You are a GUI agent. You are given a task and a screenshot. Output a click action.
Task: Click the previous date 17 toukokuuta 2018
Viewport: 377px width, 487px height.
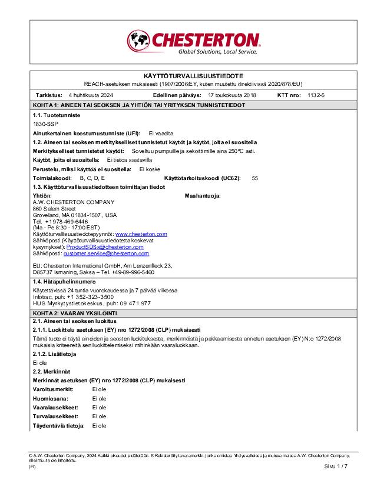pyautogui.click(x=232, y=95)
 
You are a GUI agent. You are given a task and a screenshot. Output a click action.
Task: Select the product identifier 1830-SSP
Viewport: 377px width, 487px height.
pyautogui.click(x=45, y=124)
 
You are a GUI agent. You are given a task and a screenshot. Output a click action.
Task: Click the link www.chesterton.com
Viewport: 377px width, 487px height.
pyautogui.click(x=141, y=234)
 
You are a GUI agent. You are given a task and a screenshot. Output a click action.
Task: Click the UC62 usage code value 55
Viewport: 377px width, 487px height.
pyautogui.click(x=254, y=177)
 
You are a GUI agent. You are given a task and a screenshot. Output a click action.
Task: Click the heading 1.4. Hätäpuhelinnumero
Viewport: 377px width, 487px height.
pyautogui.click(x=64, y=282)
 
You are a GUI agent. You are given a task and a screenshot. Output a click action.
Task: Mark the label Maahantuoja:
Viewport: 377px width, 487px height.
pyautogui.click(x=203, y=195)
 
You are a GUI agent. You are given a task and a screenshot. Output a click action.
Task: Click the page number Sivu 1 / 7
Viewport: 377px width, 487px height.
pyautogui.click(x=336, y=466)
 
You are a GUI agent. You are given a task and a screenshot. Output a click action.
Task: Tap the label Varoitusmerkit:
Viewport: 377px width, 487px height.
pyautogui.click(x=52, y=389)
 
